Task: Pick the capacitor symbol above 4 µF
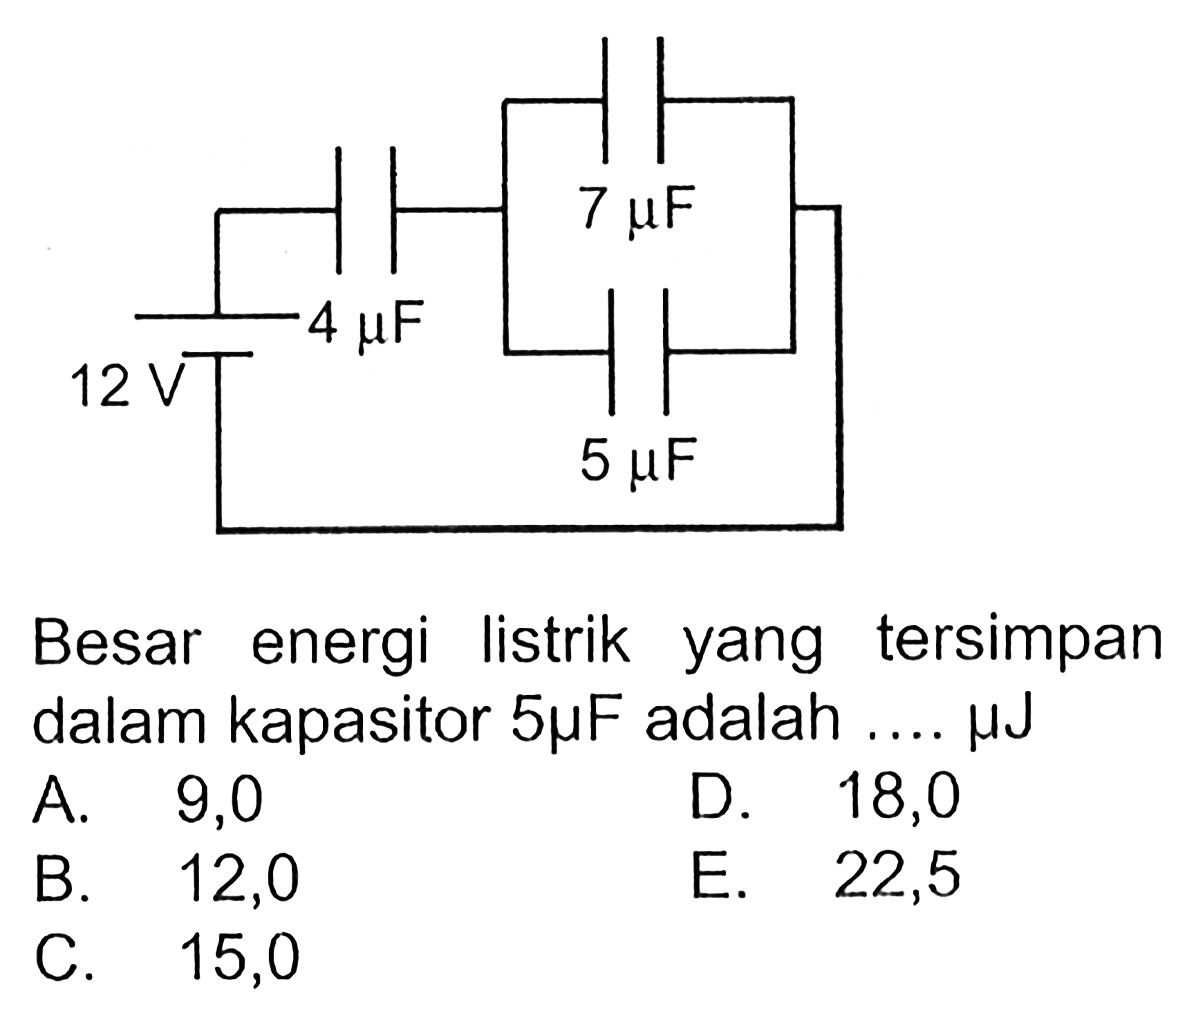tap(366, 208)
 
